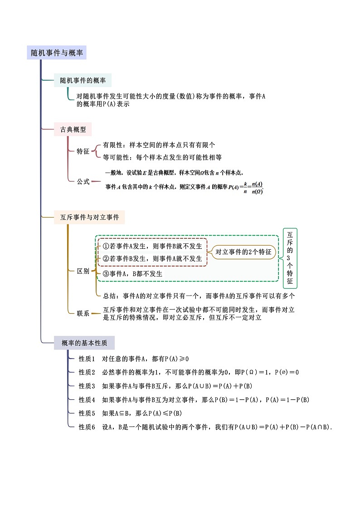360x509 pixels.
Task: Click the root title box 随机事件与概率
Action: tap(57, 53)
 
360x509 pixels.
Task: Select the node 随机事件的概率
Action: tap(83, 81)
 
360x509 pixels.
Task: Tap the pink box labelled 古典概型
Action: tap(73, 130)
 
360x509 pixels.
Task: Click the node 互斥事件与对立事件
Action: tap(89, 218)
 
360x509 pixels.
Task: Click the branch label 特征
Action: tap(83, 151)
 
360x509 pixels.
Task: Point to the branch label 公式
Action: tap(83, 181)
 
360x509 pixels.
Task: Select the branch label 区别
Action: tap(83, 271)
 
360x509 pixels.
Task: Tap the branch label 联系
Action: tap(83, 313)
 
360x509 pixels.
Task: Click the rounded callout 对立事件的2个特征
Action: tap(243, 252)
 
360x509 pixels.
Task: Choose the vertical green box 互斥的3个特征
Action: tap(290, 258)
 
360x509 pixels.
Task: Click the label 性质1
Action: tap(87, 359)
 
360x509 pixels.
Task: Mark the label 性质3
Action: tap(87, 386)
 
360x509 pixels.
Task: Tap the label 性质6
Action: tap(87, 427)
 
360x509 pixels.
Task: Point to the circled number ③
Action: tap(106, 274)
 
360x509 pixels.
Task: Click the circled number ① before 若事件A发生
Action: tap(106, 246)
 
